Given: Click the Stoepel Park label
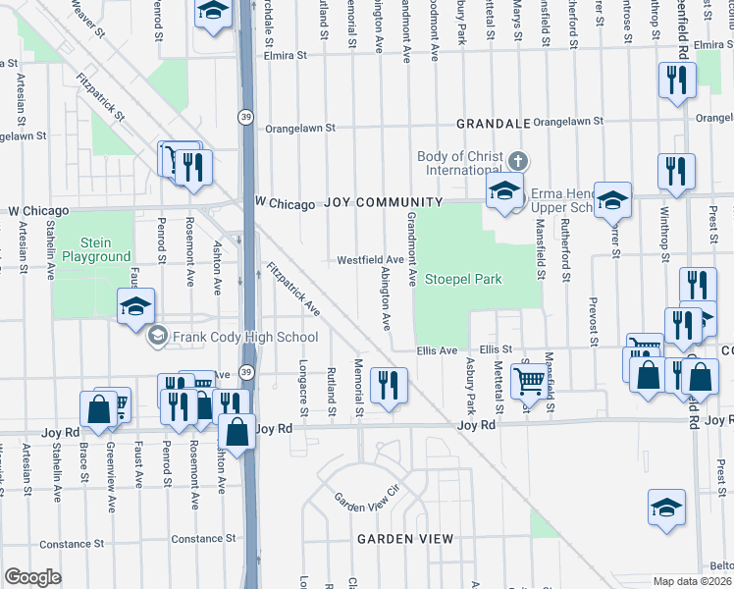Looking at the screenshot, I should pos(463,279).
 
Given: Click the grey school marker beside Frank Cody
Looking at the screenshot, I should pos(156,337).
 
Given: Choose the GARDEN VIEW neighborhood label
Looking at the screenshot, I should pos(404,539).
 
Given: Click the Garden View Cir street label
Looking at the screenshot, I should pos(368,498).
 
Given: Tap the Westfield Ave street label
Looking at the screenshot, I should pos(371,260).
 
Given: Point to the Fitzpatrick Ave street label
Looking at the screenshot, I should pos(293,290).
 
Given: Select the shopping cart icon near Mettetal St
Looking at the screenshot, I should pos(529,379).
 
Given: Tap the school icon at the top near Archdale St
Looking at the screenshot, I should pos(212,13).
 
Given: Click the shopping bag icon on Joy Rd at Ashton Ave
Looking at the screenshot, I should pos(237,429).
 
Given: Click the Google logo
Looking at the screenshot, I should pos(32,577).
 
